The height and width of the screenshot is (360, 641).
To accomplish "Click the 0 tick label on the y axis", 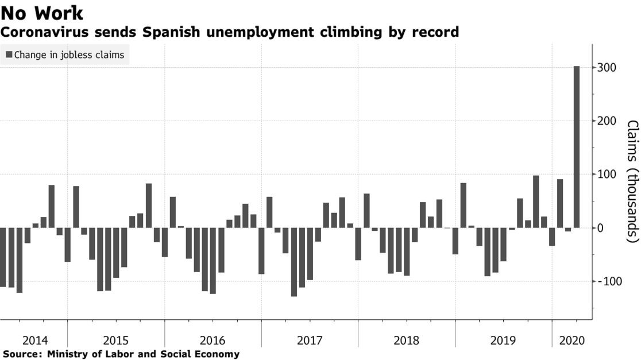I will (601, 228).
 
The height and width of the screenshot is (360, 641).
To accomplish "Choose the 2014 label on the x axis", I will (34, 340).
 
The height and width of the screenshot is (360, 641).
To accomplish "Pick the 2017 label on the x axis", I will (310, 340).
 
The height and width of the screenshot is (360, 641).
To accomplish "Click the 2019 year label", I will (504, 340).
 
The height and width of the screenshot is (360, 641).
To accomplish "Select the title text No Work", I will (42, 13).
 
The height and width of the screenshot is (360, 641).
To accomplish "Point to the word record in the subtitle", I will (438, 32).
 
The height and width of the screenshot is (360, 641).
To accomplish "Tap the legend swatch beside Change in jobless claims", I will (9, 55).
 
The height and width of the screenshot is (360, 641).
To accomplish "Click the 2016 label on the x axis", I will (213, 340).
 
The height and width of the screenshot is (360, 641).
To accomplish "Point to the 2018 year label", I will (407, 340).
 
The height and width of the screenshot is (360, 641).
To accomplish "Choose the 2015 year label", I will (115, 340).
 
